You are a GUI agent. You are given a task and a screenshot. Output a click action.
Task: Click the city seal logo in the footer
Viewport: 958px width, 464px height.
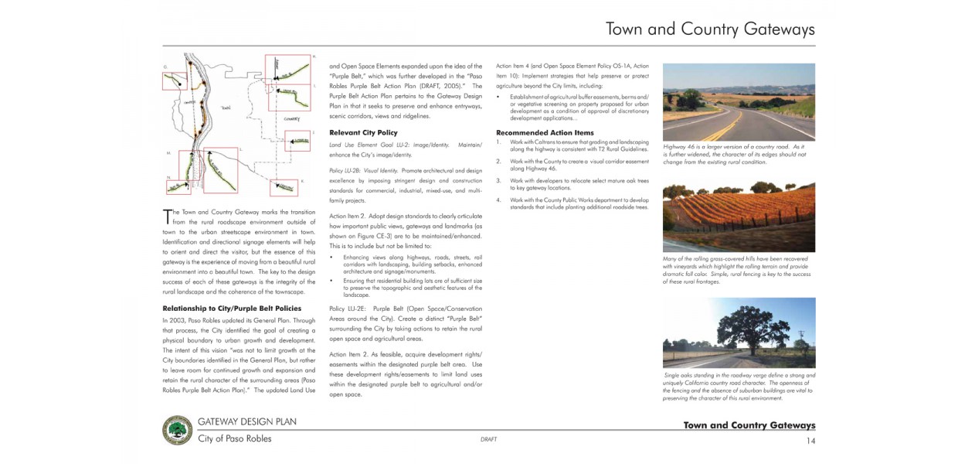click(x=178, y=431)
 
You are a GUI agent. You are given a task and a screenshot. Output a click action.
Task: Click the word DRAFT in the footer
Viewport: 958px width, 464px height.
click(x=488, y=439)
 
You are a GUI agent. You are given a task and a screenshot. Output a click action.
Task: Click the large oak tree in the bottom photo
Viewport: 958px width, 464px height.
click(x=739, y=326)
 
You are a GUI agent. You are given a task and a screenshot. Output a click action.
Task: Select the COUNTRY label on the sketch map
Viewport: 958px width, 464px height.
click(x=291, y=119)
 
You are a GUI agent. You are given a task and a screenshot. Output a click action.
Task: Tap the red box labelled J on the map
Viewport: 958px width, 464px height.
click(x=297, y=140)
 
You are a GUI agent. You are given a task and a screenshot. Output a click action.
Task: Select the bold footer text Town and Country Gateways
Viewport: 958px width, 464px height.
click(x=749, y=425)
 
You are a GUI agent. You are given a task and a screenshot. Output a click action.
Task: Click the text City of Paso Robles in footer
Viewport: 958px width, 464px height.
click(x=234, y=438)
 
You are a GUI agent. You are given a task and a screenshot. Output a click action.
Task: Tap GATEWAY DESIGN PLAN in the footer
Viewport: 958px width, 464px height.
click(x=246, y=422)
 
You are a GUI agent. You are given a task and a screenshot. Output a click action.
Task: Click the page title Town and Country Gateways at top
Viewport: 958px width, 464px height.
click(x=710, y=30)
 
